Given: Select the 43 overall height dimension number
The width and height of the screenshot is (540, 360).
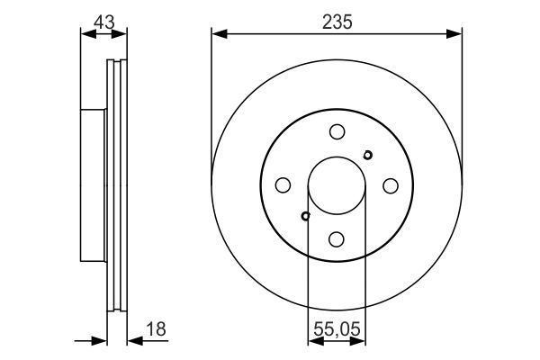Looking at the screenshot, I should click(x=103, y=20).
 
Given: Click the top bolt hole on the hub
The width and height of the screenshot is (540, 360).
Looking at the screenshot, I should click(x=337, y=131).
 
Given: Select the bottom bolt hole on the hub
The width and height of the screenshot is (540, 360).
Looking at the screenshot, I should click(x=337, y=238).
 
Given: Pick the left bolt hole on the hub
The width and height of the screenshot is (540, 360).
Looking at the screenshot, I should click(x=283, y=185).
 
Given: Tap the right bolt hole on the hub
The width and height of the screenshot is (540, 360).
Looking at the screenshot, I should click(x=391, y=185).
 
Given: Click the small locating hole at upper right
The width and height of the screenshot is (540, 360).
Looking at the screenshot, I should click(x=367, y=155).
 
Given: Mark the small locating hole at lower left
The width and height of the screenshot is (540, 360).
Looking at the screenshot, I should click(x=306, y=215).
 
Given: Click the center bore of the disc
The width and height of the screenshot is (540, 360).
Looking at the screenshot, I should click(x=337, y=185).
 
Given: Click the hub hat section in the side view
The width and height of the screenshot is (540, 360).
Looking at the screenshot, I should click(x=94, y=184).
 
